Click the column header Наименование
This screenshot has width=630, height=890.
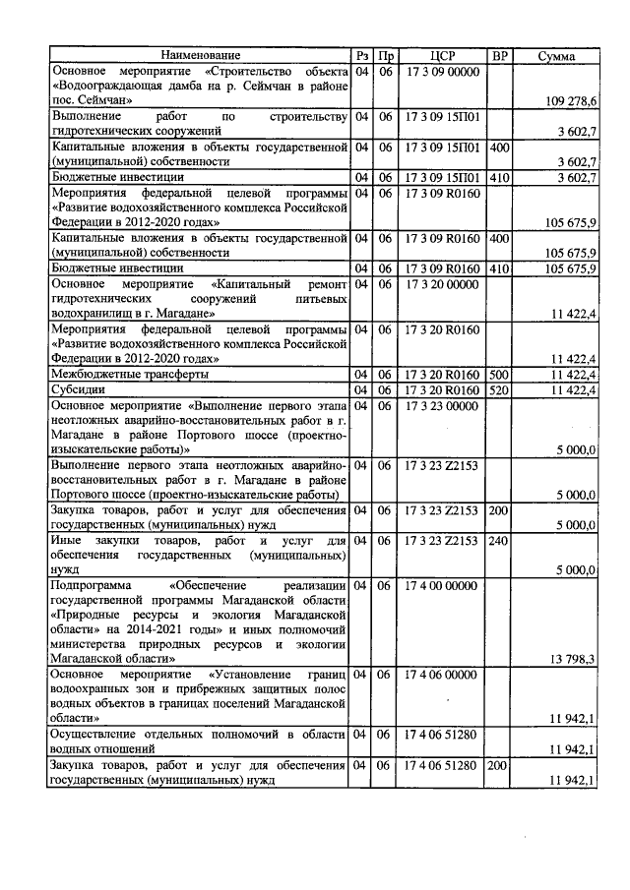pos(200,56)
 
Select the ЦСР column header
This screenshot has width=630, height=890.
pos(443,56)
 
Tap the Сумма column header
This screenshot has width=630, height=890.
pos(557,56)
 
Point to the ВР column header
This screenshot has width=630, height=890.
pos(500,56)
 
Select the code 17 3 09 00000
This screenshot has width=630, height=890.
pos(443,72)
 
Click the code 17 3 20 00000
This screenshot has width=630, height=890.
pos(443,283)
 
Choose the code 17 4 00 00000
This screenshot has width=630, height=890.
pos(443,585)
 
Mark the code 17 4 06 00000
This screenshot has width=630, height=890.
pos(443,674)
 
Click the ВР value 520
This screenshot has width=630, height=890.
pos(499,390)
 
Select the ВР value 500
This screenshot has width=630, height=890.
pos(499,375)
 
